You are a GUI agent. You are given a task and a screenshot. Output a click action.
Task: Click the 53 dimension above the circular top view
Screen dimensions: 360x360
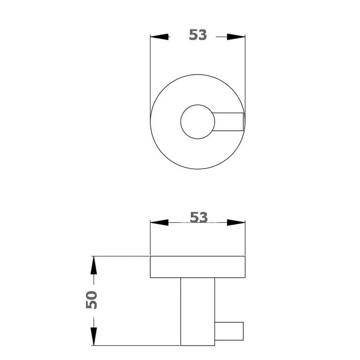click(x=198, y=35)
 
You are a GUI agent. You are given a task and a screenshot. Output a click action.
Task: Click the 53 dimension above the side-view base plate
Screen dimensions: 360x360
click(x=198, y=217)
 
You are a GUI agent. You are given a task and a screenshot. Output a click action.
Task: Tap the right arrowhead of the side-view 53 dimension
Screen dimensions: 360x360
click(x=236, y=222)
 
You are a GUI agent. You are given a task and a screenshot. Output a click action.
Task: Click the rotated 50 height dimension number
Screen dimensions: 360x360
click(x=92, y=300)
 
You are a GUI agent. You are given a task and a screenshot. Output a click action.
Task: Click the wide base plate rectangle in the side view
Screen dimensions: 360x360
click(x=198, y=267)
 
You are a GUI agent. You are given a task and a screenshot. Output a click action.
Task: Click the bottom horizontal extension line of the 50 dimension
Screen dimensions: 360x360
click(x=135, y=346)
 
